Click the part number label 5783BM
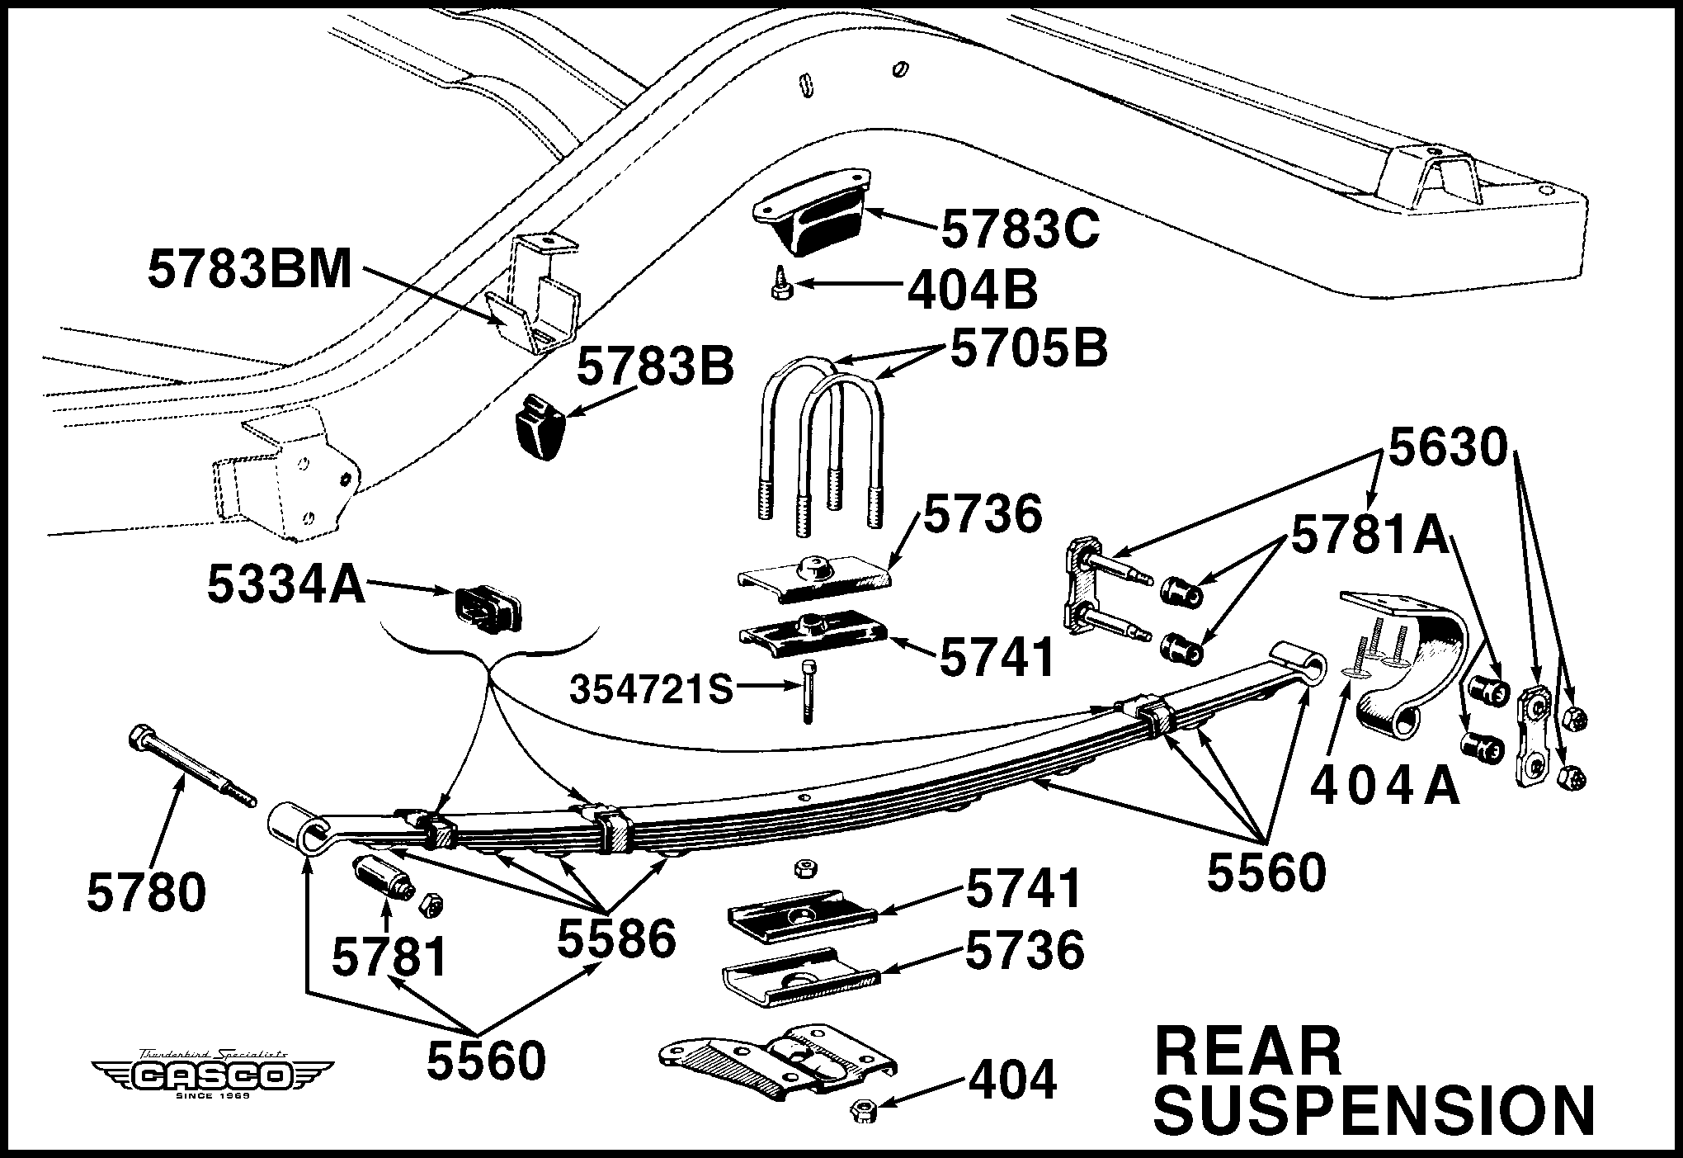[250, 270]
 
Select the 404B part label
[972, 291]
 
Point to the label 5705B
[1029, 348]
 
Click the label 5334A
[285, 585]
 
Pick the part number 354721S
[651, 690]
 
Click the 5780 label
[146, 893]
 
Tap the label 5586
[616, 938]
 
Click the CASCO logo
[212, 1074]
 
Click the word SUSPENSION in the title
[1374, 1110]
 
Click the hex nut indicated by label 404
[864, 1110]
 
